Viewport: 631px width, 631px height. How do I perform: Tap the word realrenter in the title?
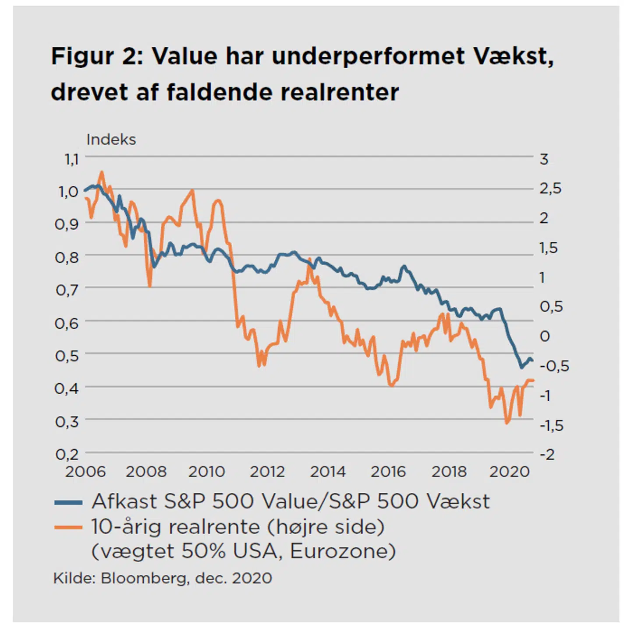coord(340,92)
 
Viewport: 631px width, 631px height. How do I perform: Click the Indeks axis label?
coord(111,140)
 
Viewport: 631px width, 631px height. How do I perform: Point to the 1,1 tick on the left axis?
coord(71,159)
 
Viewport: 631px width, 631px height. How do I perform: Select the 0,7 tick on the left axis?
coord(67,290)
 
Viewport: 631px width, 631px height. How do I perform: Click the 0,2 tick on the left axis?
coord(67,454)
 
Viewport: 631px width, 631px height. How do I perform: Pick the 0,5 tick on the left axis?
coord(67,356)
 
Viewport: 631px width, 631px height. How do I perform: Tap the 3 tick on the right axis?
coord(544,159)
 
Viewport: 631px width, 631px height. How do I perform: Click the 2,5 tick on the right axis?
coord(550,189)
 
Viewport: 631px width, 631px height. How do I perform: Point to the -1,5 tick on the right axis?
coord(551,425)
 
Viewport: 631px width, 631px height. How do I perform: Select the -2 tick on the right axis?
coord(547,454)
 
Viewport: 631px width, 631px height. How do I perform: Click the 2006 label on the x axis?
coord(85,472)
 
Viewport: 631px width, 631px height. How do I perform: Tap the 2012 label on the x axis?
coord(267,472)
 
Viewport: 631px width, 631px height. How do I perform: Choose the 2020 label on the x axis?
coord(510,472)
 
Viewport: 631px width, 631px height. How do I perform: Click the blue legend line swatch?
coord(68,502)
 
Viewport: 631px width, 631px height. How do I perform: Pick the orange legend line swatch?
coord(68,527)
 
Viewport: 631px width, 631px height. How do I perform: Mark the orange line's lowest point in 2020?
coord(507,423)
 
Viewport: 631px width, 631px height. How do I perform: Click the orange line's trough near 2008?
coord(150,286)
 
